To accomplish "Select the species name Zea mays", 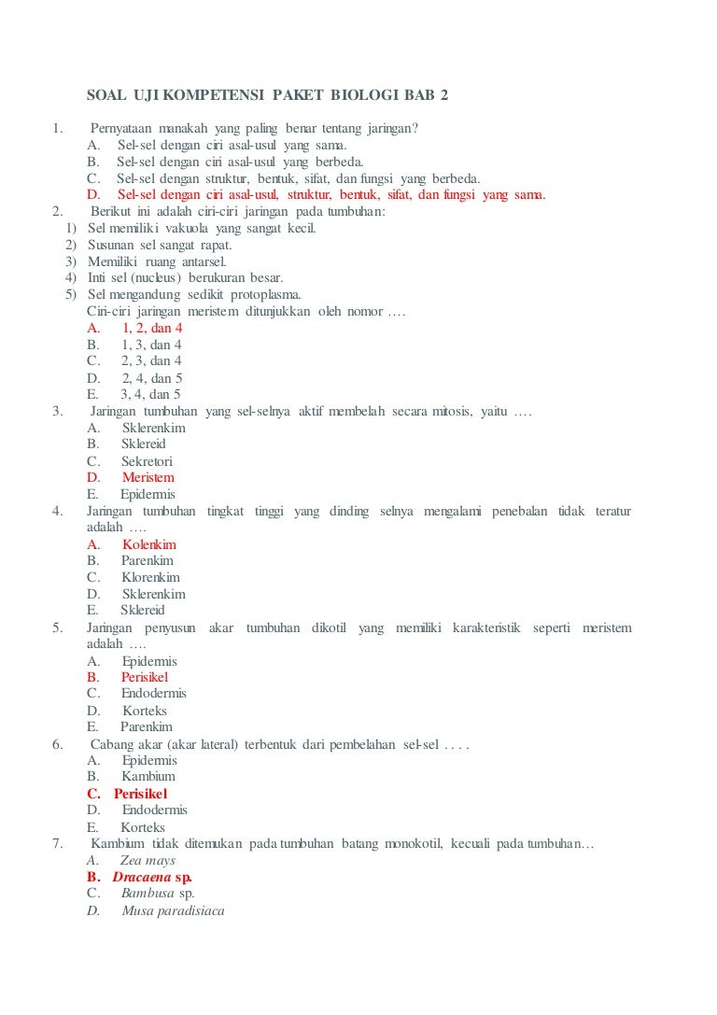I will [x=148, y=861].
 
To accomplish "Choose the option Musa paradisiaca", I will [x=173, y=910].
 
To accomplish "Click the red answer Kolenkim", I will [x=148, y=544].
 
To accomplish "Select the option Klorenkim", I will [x=150, y=577].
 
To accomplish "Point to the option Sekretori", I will [x=147, y=461].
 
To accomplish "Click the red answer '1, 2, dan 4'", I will [x=152, y=329].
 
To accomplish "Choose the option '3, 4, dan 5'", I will [x=150, y=394].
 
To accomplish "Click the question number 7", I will [x=58, y=844].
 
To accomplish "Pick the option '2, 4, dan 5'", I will [x=151, y=378].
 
